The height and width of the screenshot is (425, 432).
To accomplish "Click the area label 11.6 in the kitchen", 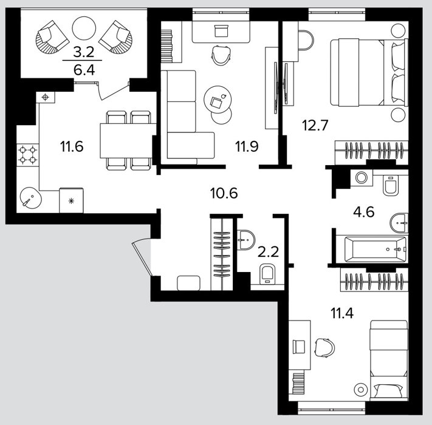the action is coord(72,146).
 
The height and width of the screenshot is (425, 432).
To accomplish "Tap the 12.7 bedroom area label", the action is coord(315,125).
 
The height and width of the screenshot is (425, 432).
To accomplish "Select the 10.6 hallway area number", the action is coord(224,193).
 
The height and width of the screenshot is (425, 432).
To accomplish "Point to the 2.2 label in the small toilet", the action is coord(268,251).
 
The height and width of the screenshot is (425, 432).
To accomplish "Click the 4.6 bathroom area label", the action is coord(364,212).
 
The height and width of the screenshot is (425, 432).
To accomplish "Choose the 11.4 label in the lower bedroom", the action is coord(342,313).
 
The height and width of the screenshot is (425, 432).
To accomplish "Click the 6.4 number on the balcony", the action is coord(84,70).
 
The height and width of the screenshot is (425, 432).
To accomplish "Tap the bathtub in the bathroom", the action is coord(375,249).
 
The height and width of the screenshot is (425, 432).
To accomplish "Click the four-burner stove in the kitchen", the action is coord(27,155).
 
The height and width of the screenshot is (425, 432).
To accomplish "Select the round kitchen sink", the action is coord(31,198).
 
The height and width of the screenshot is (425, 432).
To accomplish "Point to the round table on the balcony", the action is coord(84,28).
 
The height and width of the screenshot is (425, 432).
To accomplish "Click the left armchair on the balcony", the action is coord(52,36).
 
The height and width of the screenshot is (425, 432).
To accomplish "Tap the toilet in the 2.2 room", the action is coord(267,274).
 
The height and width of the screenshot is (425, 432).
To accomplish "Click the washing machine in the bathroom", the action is coord(361,178).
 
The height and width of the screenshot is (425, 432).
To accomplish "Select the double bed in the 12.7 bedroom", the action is coord(369,72).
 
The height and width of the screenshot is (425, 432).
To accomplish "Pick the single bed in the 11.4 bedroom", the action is coord(389,359).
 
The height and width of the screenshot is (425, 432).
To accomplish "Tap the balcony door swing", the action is coord(114,91).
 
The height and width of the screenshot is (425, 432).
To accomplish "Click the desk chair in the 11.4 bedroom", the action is coord(325,347).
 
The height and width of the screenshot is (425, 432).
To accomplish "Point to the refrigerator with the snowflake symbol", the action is coord(71,200).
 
